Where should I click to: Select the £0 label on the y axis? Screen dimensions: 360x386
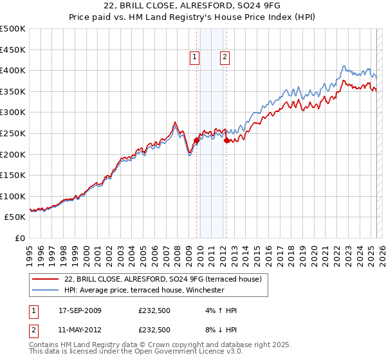pyautogui.click(x=19, y=238)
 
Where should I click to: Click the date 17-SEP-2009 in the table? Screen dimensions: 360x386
pyautogui.click(x=80, y=310)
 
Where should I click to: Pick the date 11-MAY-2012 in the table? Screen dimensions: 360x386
pyautogui.click(x=80, y=330)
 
